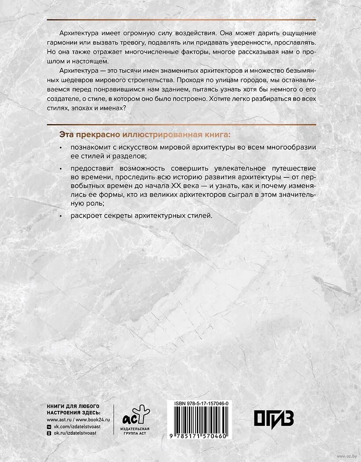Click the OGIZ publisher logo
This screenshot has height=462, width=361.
point(274,419)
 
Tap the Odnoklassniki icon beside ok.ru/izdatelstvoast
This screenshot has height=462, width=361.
point(49,433)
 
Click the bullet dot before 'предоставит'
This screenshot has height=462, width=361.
point(61,169)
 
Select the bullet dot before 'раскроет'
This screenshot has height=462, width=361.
point(61,216)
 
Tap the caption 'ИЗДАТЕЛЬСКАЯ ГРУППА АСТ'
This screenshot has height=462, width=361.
point(135,432)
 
